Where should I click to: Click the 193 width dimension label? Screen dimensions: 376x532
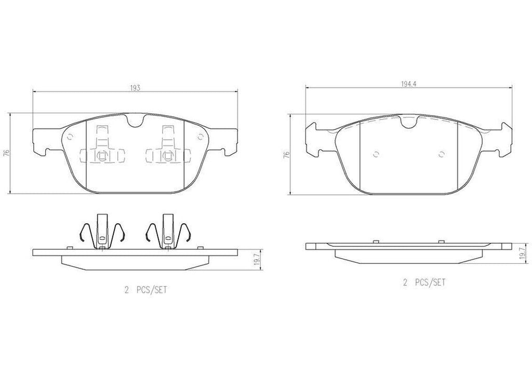135,89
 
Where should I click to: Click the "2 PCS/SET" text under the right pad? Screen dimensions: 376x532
424,283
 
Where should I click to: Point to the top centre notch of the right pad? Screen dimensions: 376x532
408,123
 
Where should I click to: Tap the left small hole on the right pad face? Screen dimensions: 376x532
377,154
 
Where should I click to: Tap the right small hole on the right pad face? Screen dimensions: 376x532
441,154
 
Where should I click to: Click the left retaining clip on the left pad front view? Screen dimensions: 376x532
102,148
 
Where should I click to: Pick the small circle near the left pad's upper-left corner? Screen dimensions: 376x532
70,137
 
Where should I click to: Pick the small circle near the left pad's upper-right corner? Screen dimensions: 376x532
201,137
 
